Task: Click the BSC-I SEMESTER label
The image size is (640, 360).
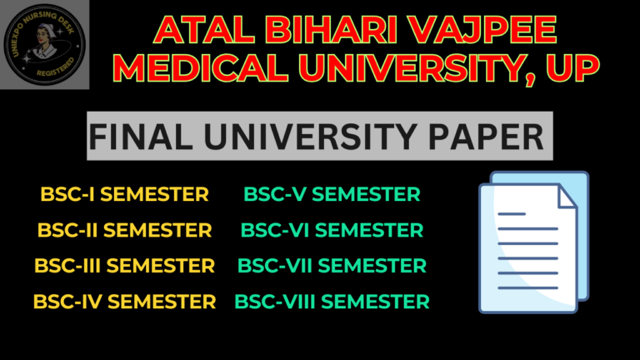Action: click(x=124, y=195)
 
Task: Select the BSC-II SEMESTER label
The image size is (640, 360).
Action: click(x=124, y=230)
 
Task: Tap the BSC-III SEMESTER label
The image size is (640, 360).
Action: click(x=124, y=266)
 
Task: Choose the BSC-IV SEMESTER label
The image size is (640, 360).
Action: click(x=124, y=301)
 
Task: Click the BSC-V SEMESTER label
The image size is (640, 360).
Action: click(x=332, y=195)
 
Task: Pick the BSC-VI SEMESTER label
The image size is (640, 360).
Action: click(x=332, y=230)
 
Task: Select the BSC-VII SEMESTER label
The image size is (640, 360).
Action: click(x=332, y=266)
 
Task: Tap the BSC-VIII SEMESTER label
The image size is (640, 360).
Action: click(x=332, y=301)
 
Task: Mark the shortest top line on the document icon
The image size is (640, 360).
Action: click(x=512, y=214)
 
